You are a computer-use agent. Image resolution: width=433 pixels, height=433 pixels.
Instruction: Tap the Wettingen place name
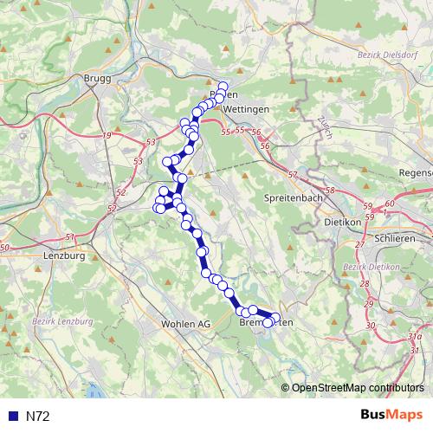click(245, 110)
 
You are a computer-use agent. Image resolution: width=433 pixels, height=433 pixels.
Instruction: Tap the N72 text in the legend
click(37, 417)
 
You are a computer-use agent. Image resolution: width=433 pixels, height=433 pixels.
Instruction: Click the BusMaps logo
click(391, 416)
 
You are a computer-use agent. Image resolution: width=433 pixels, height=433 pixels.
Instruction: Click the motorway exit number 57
click(292, 175)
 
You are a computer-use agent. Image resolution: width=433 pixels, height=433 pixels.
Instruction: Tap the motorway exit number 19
click(107, 137)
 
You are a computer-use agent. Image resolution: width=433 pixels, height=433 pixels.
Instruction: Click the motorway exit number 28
click(364, 284)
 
